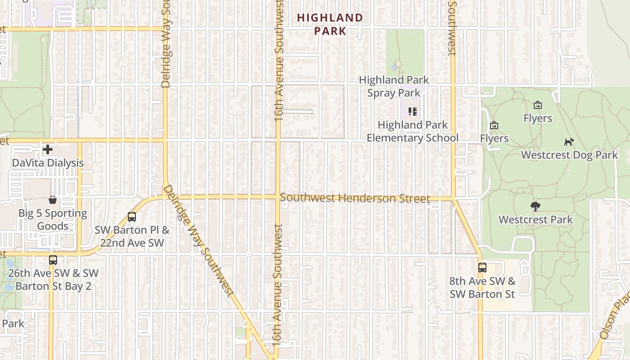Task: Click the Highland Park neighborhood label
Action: [x=330, y=24]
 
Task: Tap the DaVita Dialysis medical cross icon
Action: [x=48, y=149]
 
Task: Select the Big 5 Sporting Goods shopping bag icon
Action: [x=53, y=200]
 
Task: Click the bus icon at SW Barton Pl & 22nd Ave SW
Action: [x=132, y=216]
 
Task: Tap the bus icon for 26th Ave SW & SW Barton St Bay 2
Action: [x=53, y=260]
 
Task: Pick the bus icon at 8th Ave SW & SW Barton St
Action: [x=482, y=267]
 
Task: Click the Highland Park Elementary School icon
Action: [x=412, y=111]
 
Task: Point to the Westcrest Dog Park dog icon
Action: [x=569, y=142]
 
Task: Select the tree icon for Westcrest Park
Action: [x=535, y=207]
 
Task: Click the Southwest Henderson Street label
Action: [x=355, y=198]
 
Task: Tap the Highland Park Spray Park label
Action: [x=394, y=86]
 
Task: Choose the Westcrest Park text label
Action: [x=535, y=220]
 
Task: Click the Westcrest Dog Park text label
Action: [x=569, y=155]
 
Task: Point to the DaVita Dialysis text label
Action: [x=48, y=162]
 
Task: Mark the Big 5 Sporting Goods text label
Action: [x=53, y=220]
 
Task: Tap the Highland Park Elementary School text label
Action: [x=412, y=131]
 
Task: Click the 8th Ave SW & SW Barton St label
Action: [x=482, y=288]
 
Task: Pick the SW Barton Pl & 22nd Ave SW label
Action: [x=132, y=236]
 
